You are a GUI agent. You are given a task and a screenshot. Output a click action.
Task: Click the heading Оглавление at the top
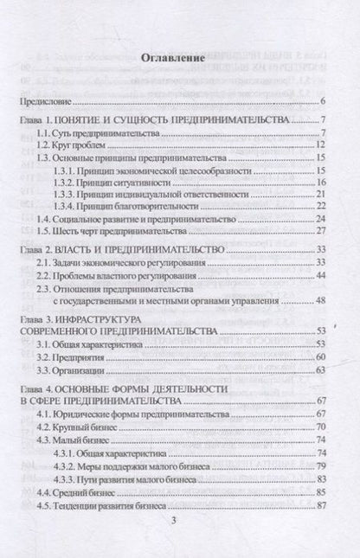pos(179,60)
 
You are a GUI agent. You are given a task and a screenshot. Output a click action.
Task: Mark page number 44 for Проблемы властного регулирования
pos(318,275)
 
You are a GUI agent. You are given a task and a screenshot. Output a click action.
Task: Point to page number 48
pos(318,300)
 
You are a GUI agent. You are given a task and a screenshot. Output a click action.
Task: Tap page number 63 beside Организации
pos(318,369)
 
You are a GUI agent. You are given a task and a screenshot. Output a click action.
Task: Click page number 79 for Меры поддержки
pos(318,466)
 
